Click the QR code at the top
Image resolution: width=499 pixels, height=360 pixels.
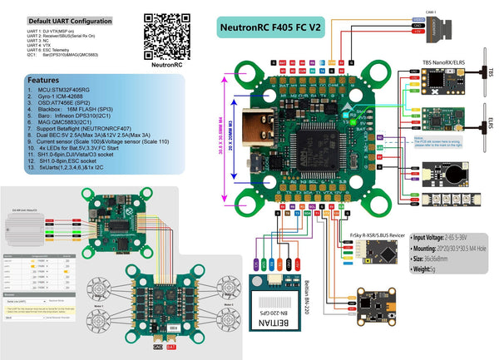pyautogui.click(x=163, y=32)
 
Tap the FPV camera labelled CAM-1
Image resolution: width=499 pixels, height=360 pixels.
pyautogui.click(x=441, y=29)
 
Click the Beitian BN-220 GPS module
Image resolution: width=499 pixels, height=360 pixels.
pyautogui.click(x=270, y=304)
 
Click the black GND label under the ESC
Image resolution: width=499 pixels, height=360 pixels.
pyautogui.click(x=158, y=350)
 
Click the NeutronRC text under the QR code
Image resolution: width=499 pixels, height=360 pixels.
pyautogui.click(x=164, y=63)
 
